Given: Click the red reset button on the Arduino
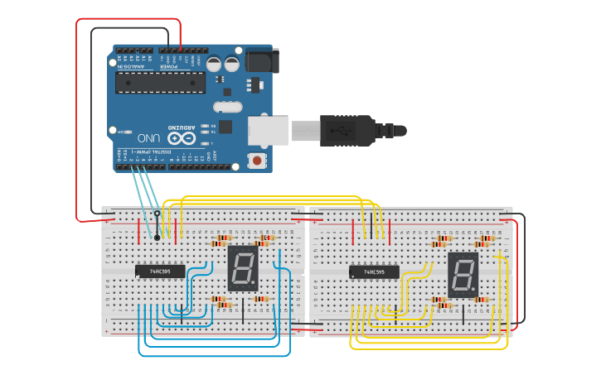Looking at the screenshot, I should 257,160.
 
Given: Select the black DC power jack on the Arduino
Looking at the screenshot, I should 264,60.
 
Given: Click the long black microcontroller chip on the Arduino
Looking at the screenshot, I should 160,81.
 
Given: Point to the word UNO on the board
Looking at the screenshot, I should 148,138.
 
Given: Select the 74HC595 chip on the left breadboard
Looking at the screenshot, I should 160,271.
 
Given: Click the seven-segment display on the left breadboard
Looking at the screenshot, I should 241,268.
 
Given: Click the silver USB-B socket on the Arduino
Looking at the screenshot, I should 268,131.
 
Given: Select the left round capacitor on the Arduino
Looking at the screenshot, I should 214,64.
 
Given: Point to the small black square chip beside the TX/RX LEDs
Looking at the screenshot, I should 225,127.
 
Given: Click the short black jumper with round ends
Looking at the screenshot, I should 157,225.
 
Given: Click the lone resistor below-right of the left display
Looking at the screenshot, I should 261,299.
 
